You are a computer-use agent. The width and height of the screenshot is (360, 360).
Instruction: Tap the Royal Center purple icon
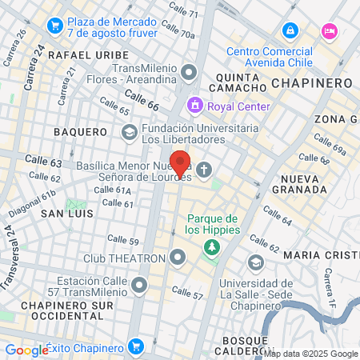coord(194,106)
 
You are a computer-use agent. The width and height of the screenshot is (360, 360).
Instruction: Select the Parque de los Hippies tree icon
coord(211,247)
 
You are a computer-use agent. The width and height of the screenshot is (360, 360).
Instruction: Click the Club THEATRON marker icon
coord(178,258)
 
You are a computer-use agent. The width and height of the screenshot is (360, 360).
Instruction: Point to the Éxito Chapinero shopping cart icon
coord(136,347)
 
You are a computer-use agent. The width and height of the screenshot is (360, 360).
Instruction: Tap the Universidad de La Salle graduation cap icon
coord(255,262)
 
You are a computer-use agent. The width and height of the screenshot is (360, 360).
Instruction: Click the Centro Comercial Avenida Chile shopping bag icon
coord(290,31)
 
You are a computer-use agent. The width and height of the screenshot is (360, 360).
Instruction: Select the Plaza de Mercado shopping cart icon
coord(55,26)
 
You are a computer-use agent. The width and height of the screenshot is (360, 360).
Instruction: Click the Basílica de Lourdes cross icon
coord(205,169)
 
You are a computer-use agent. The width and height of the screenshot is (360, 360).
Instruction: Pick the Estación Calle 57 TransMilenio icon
coord(141,284)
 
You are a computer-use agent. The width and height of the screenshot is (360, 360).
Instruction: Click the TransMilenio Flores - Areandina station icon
coord(189,74)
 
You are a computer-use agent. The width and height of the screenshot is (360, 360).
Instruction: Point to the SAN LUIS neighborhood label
coord(67,214)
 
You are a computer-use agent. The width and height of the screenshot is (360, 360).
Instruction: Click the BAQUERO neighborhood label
coord(80,131)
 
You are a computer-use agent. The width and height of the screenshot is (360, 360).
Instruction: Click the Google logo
coord(26,350)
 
